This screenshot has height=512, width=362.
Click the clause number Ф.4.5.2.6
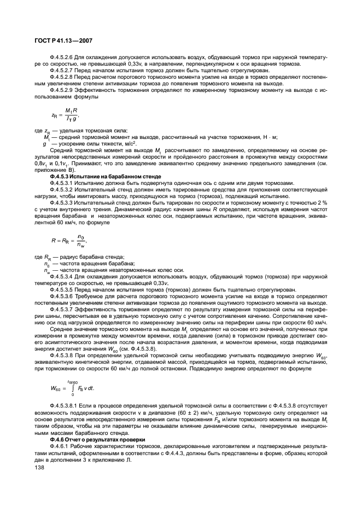click(62, 57)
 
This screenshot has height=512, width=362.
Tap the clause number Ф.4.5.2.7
click(62, 70)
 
